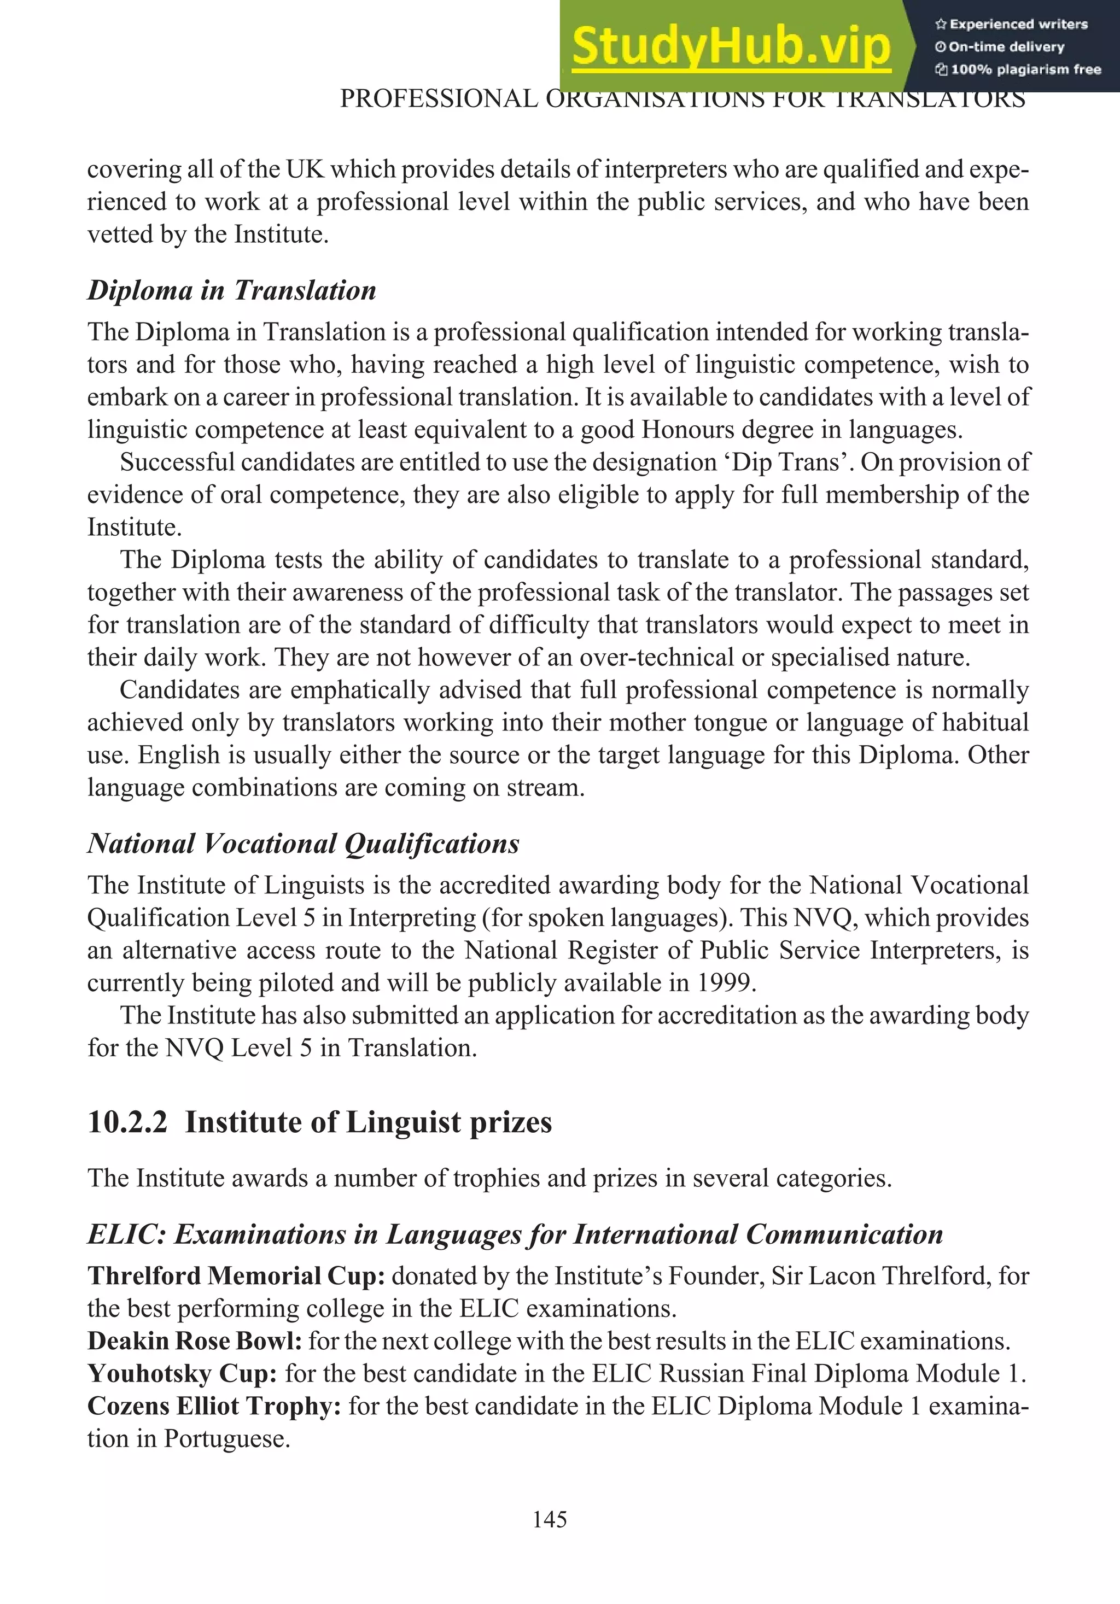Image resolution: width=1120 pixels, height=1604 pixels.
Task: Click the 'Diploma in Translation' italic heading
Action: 231,290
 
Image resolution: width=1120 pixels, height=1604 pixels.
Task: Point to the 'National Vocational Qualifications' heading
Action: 303,843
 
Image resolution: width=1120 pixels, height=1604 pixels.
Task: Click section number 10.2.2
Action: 127,1122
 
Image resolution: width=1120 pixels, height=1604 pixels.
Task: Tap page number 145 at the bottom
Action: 549,1519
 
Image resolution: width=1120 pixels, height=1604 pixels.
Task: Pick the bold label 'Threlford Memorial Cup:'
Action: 236,1275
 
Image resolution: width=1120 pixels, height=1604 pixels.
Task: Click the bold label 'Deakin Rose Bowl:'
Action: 194,1340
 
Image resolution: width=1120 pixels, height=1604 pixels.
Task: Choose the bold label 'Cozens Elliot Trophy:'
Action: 214,1406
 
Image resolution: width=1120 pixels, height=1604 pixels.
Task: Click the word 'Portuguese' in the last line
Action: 226,1438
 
